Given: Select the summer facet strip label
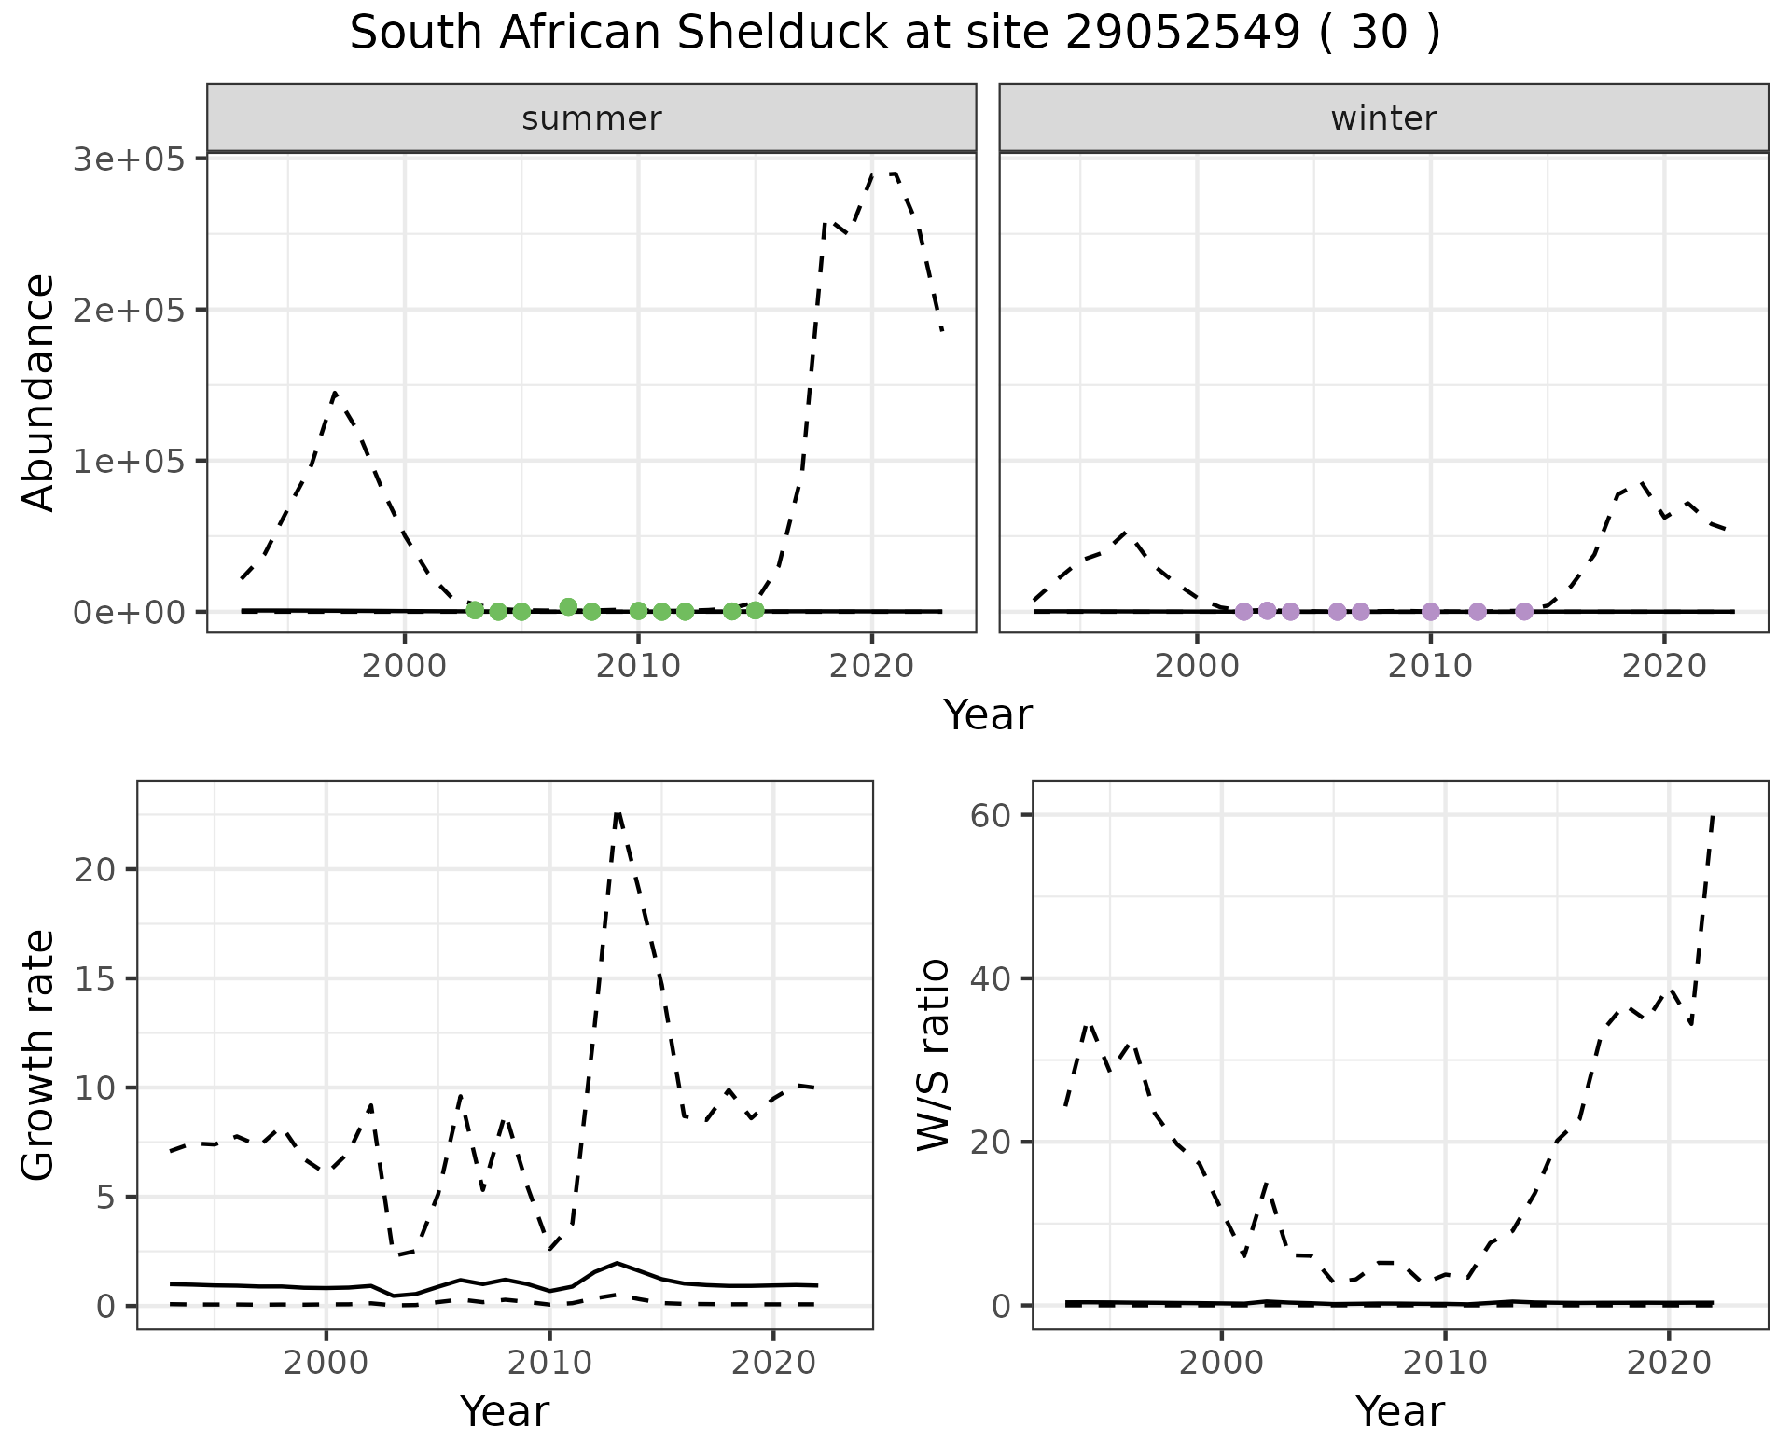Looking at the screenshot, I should click(x=591, y=118).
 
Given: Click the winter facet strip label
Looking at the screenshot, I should click(x=1383, y=118).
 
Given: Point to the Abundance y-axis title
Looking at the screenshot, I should click(x=39, y=393).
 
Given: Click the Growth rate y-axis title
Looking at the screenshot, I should click(x=39, y=1056).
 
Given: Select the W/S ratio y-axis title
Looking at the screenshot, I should click(x=934, y=1054).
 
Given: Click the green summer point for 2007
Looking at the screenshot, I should click(x=568, y=607).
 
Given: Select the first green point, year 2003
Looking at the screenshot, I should click(x=475, y=610).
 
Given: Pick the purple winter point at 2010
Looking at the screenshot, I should click(x=1431, y=612).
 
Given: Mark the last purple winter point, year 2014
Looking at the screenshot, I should click(x=1524, y=611).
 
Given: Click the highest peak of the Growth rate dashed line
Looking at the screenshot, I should click(x=618, y=811).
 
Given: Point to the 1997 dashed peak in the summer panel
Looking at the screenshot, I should click(x=335, y=394).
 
